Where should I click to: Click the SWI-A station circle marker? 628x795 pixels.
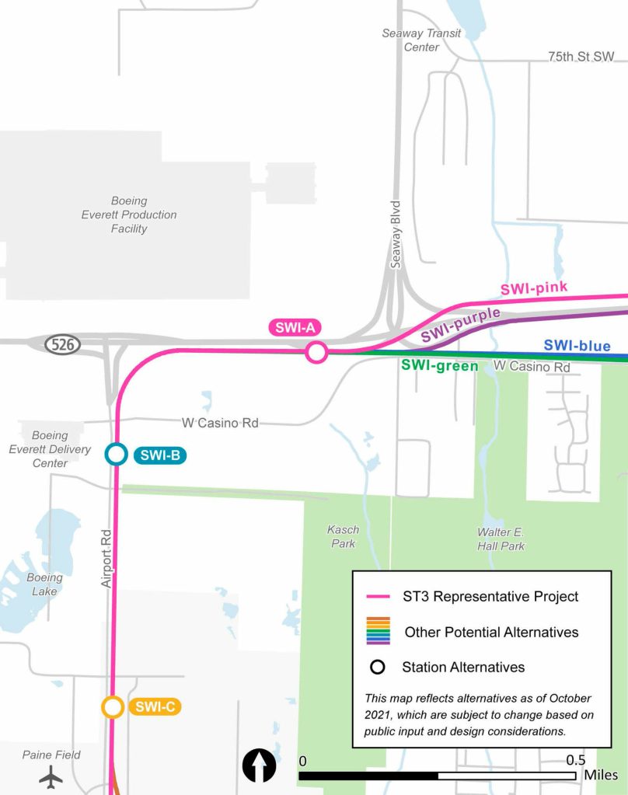pos(316,352)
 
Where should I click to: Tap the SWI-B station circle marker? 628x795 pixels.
pos(116,454)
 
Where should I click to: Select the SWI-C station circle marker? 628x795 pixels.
pos(113,707)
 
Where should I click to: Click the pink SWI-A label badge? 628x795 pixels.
pos(295,328)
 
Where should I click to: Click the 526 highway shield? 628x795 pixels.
pos(63,344)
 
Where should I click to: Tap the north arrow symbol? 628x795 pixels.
pos(260,765)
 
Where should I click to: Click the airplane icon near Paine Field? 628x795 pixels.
pos(52,776)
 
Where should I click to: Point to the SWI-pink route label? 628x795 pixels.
pos(534,288)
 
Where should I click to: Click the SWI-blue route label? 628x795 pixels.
pos(577,346)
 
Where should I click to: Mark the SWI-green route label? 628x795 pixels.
pos(439,365)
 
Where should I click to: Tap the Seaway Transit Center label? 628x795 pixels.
pos(421,40)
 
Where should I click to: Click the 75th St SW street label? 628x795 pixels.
pos(581,58)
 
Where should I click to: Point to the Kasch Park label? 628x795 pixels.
pos(343,537)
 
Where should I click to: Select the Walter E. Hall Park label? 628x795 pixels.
pos(501,539)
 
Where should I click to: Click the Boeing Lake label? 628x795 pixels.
pos(44,584)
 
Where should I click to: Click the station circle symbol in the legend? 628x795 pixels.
pos(378,667)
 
